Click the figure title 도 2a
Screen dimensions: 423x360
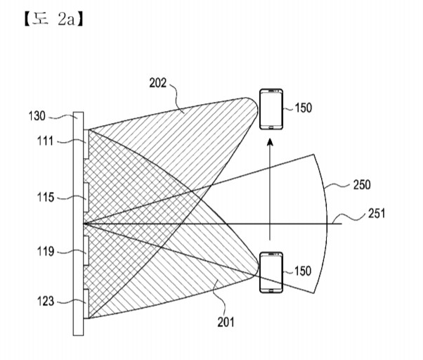pos(53,20)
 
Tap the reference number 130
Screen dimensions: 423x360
pos(37,116)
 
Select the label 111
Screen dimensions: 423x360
pos(45,141)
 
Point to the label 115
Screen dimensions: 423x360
pos(46,198)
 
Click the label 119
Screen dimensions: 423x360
pos(46,252)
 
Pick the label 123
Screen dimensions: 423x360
pos(46,301)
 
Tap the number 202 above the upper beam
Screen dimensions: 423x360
pos(158,83)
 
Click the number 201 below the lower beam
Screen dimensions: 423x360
pos(226,322)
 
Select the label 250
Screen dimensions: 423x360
pos(362,185)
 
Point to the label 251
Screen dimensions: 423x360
pos(377,213)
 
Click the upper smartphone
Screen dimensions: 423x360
pos(271,109)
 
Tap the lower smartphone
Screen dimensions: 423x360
pos(271,272)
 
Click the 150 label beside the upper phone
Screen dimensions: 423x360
pos(304,108)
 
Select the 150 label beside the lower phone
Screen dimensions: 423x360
pos(303,271)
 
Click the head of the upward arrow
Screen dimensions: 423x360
pos(270,142)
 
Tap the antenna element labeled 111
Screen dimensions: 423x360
pos(86,144)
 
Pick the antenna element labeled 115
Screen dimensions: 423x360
pos(86,198)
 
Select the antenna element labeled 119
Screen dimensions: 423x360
pos(86,251)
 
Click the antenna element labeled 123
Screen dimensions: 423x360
pos(86,304)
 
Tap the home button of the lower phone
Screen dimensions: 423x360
pos(271,290)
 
